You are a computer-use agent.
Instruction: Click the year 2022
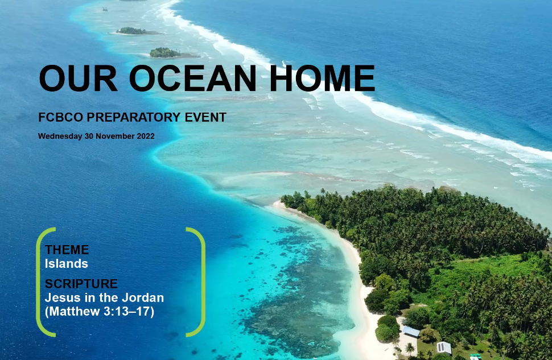click(145, 136)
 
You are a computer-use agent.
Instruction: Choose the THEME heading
click(67, 250)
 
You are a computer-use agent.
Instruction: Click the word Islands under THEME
click(67, 264)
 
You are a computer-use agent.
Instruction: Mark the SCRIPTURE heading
click(81, 284)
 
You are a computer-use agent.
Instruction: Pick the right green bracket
click(199, 282)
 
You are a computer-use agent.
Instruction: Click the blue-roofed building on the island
click(411, 331)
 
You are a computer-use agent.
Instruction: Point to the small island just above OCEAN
click(165, 52)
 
